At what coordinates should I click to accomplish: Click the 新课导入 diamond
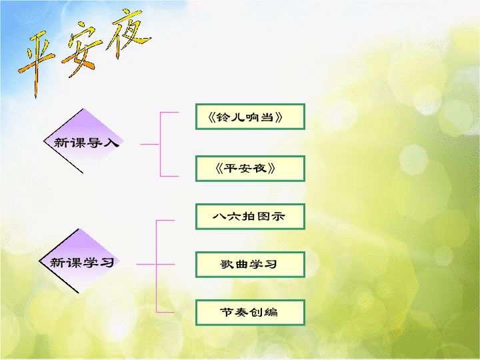[x=83, y=141]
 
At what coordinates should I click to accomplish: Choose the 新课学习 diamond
[x=79, y=261]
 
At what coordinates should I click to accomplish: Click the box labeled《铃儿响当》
[x=250, y=117]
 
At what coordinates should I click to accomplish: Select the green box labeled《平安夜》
[x=250, y=169]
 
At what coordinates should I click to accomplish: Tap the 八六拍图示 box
[x=250, y=217]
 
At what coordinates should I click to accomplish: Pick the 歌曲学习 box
[x=250, y=265]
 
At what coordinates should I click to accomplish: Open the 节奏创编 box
[x=250, y=313]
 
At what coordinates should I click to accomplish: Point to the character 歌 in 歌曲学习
[x=227, y=264]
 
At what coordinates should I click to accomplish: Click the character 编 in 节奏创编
[x=271, y=312]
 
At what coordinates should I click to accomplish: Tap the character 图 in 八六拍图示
[x=263, y=217]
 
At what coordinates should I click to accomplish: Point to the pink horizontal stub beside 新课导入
[x=150, y=144]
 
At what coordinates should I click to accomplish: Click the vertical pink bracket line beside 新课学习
[x=157, y=266]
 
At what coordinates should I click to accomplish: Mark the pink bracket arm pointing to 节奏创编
[x=165, y=312]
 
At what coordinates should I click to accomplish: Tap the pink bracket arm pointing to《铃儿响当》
[x=169, y=113]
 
